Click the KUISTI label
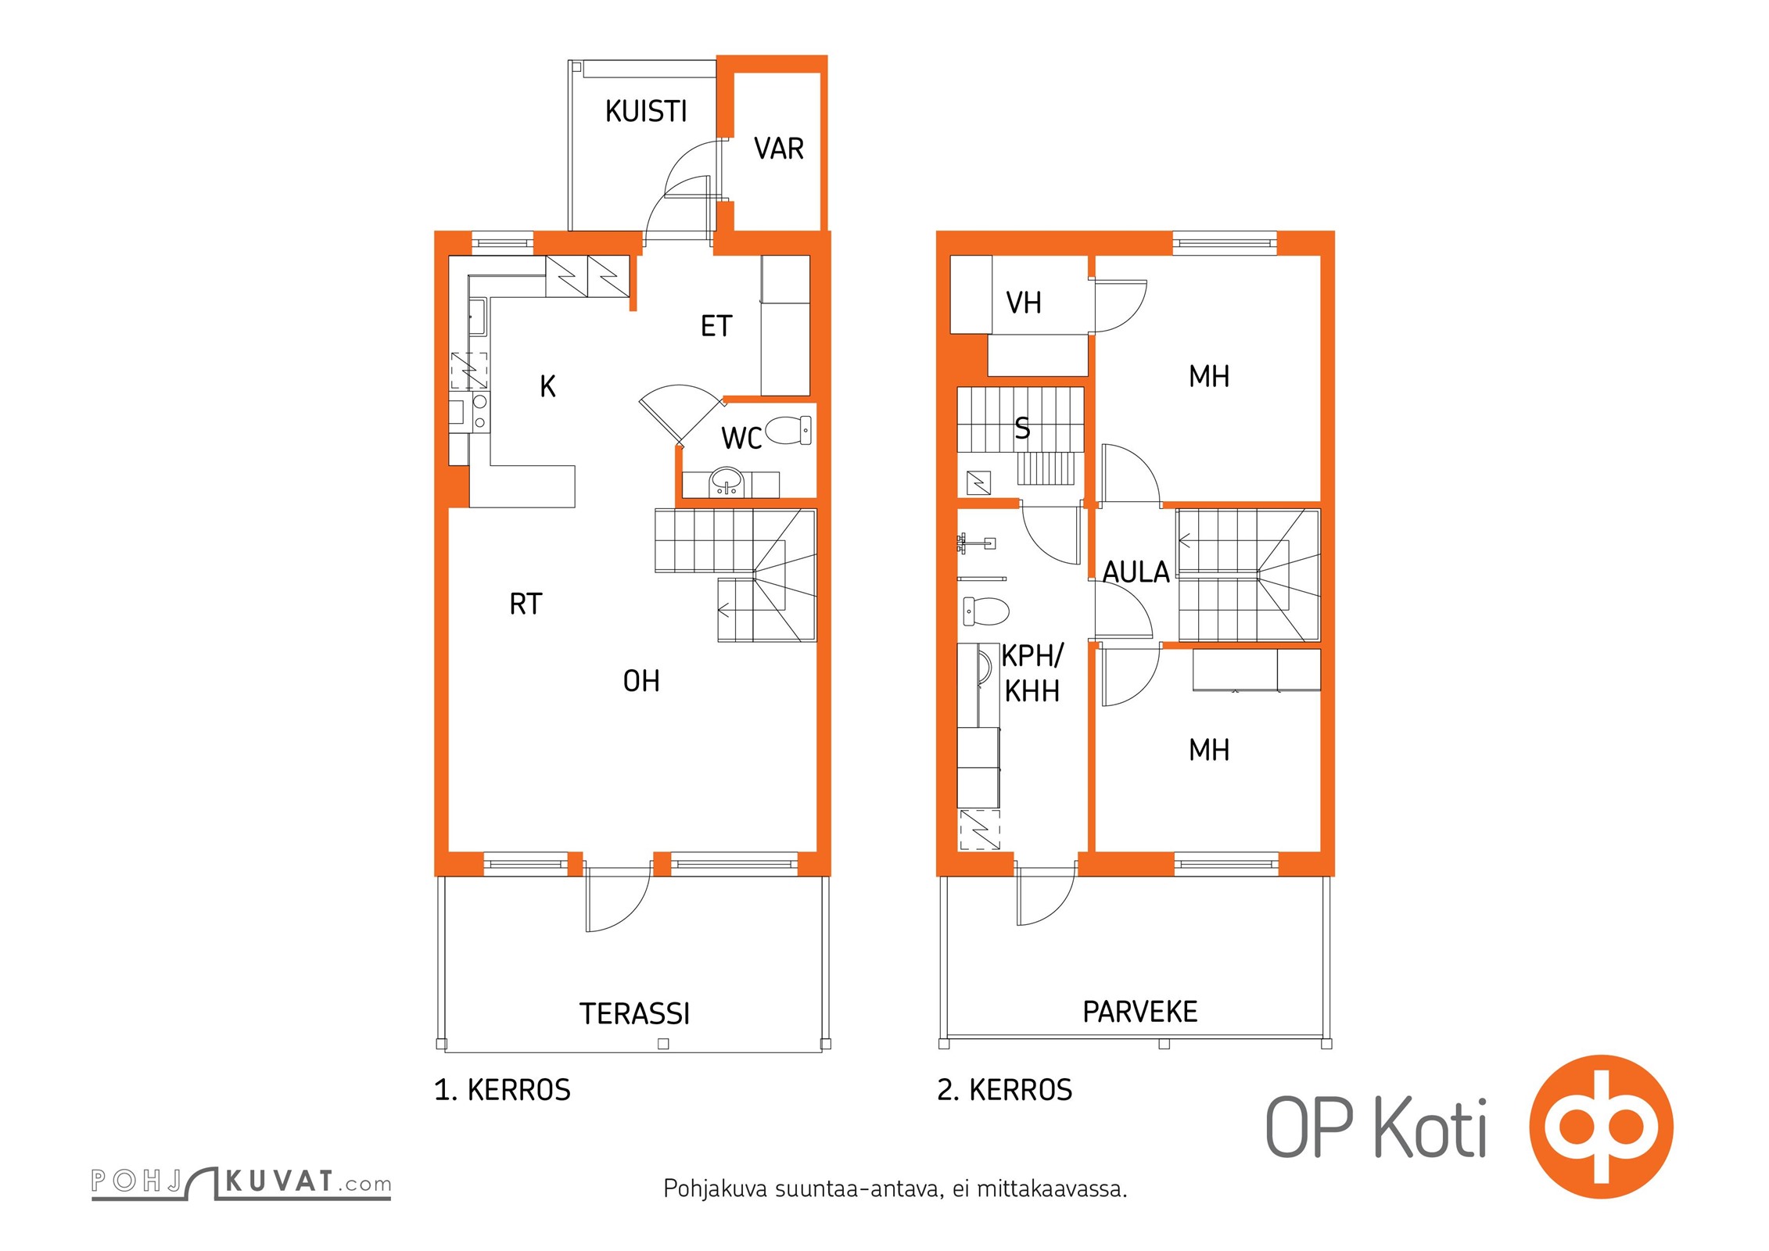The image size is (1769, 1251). [646, 112]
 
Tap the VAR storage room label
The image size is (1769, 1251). [779, 149]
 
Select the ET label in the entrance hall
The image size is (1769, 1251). [716, 326]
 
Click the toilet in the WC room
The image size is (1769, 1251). [788, 429]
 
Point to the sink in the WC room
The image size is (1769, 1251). [727, 482]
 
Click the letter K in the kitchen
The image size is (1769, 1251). [547, 386]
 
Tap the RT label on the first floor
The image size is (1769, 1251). [526, 604]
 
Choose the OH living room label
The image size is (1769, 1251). [641, 681]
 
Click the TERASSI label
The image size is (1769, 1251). [634, 1014]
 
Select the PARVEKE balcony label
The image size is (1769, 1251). [1140, 1012]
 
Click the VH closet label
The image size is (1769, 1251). [1024, 303]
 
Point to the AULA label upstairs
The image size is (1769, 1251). [1136, 572]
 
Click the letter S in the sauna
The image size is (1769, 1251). [1022, 428]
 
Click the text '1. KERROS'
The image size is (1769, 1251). [502, 1090]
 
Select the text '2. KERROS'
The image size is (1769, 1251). [1005, 1090]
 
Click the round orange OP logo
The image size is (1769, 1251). [1601, 1127]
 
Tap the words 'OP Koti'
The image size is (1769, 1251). [1376, 1127]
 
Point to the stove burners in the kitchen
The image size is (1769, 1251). [479, 411]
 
